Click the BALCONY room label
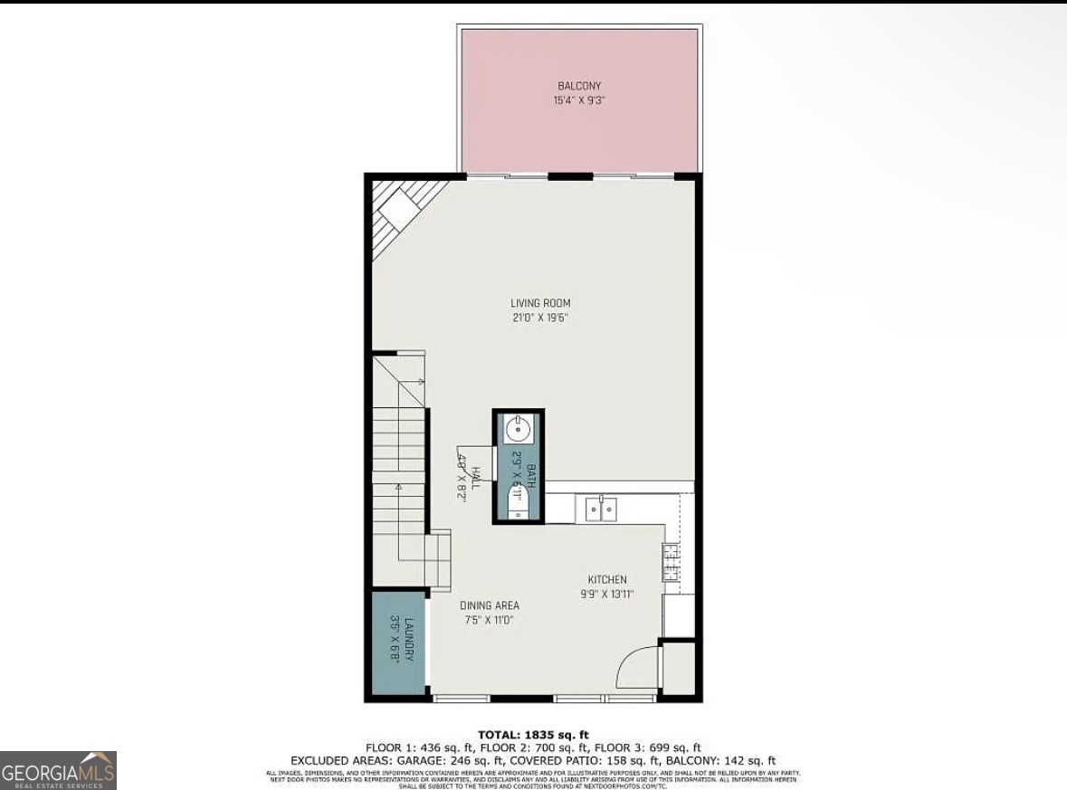579,86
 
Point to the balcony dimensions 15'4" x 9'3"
579,100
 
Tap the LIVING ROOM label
540,303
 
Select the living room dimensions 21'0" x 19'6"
540,318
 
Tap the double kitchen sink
600,509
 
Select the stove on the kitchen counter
671,561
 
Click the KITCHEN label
607,580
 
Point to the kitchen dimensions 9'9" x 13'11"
607,595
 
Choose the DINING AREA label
490,605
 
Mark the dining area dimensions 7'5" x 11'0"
490,620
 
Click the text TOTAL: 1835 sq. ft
533,735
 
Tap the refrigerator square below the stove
679,615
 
